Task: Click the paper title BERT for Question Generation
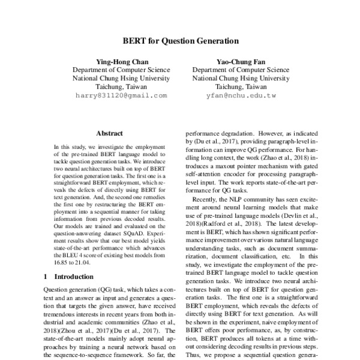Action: (x=180, y=41)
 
